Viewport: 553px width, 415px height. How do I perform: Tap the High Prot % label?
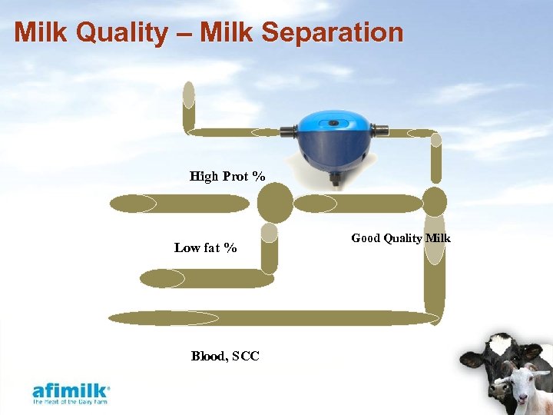pyautogui.click(x=227, y=177)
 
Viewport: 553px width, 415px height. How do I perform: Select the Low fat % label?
pyautogui.click(x=205, y=247)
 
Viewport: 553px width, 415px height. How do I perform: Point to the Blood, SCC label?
pyautogui.click(x=225, y=356)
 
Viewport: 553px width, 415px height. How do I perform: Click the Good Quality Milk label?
pyautogui.click(x=401, y=238)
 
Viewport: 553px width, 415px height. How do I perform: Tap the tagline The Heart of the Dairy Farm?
pyautogui.click(x=71, y=401)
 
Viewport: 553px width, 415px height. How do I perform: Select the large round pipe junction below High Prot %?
pyautogui.click(x=274, y=202)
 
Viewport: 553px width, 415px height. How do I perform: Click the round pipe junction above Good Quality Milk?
pyautogui.click(x=435, y=201)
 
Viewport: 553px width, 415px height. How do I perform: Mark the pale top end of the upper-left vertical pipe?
pyautogui.click(x=188, y=94)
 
